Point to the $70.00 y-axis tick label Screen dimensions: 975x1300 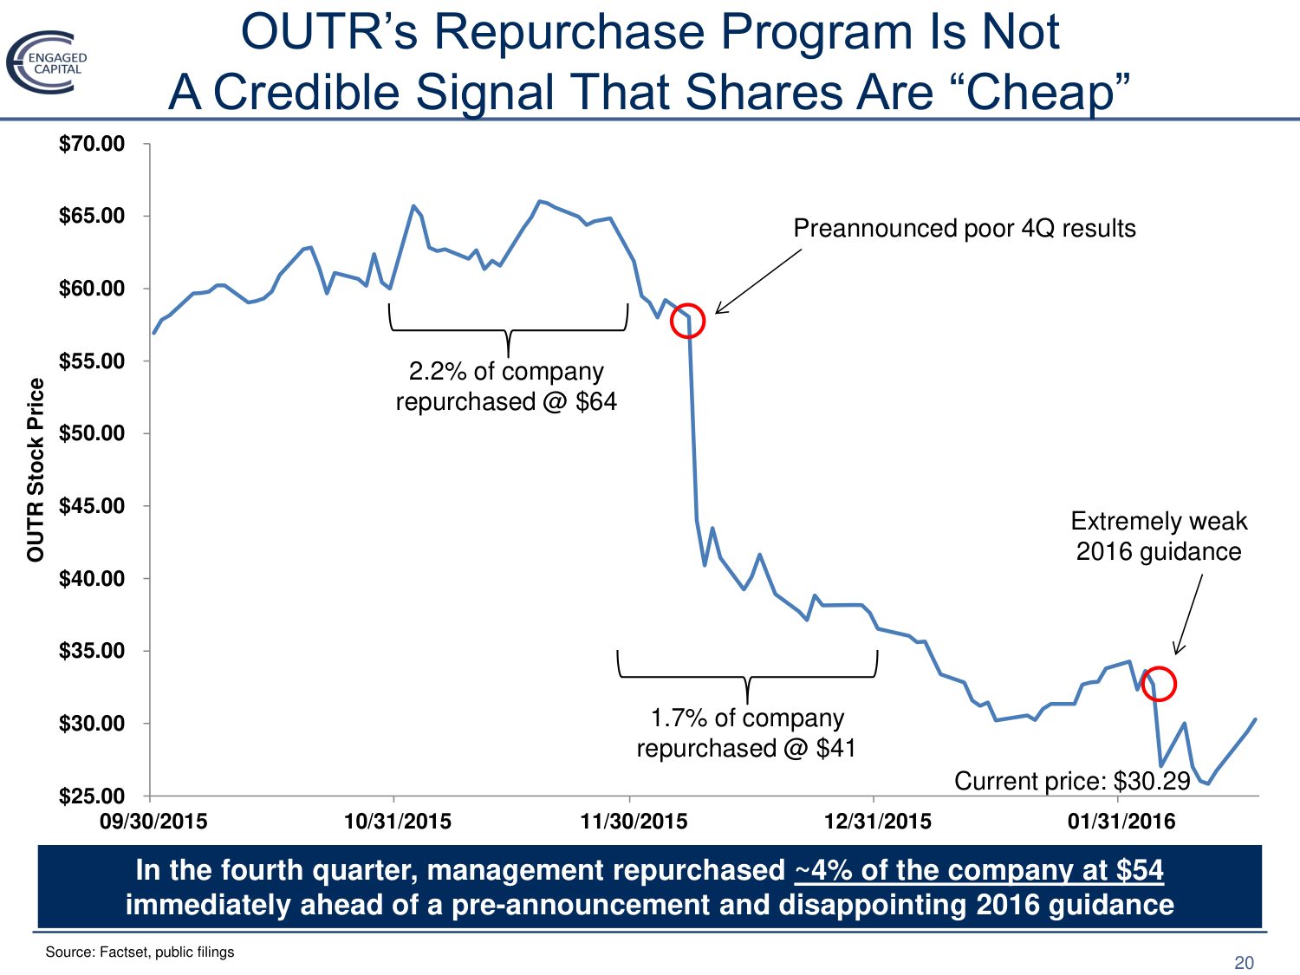click(92, 144)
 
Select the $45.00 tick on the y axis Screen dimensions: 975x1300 click(92, 506)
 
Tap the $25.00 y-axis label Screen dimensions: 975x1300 click(92, 796)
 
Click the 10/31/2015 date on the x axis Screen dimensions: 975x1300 click(398, 821)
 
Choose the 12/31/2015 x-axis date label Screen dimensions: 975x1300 click(877, 821)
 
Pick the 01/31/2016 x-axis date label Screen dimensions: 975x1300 click(1121, 821)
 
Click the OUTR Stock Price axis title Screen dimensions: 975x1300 click(36, 470)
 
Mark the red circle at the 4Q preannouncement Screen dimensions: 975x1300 click(687, 321)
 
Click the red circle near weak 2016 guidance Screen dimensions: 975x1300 click(1159, 684)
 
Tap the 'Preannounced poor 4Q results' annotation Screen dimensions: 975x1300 click(964, 229)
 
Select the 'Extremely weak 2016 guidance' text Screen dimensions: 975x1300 click(1159, 536)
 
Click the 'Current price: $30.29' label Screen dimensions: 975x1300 click(1072, 781)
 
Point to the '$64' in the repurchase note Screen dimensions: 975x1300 click(596, 402)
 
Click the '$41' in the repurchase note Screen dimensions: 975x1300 click(836, 748)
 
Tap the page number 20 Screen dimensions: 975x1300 click(1244, 963)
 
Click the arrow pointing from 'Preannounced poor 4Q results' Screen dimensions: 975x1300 click(758, 282)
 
